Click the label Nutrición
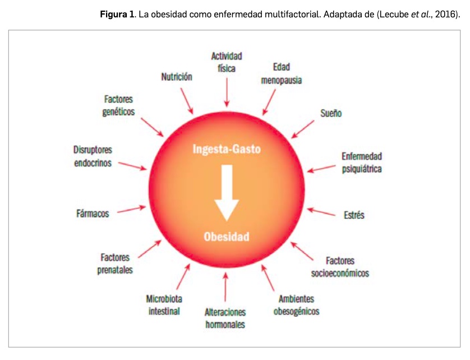(177, 77)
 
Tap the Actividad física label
(227, 62)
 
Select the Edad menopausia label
(281, 73)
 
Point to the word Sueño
(330, 113)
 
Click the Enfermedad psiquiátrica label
(362, 162)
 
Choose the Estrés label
(354, 215)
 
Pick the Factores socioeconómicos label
(340, 267)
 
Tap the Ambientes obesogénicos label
(296, 304)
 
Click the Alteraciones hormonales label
(225, 318)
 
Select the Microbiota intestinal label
(164, 304)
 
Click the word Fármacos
(93, 213)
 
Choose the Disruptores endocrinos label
(93, 156)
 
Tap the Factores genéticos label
(119, 105)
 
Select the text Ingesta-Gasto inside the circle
(227, 150)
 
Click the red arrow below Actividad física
(226, 91)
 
